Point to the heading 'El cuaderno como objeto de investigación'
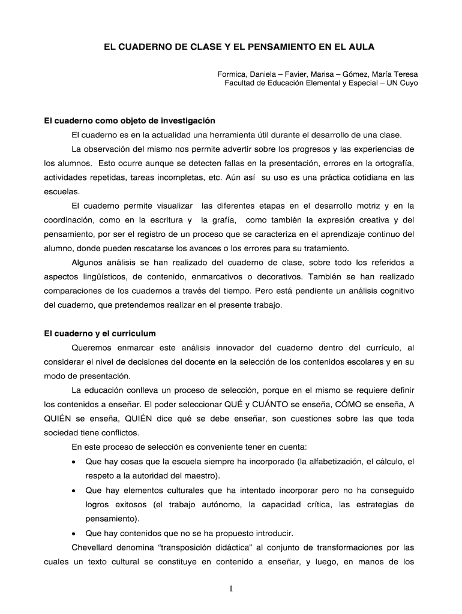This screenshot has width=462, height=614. pos(130,121)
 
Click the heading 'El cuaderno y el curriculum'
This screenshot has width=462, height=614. pos(100,333)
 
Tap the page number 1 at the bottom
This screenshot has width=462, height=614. pos(231,588)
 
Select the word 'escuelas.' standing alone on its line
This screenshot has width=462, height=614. pos(62,191)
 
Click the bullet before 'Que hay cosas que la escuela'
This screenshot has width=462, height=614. pos(73,462)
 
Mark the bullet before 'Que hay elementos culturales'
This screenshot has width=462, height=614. pos(73,490)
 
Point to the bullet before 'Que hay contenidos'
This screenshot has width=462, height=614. pos(73,533)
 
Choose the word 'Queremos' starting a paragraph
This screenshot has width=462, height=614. pos(93,347)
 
